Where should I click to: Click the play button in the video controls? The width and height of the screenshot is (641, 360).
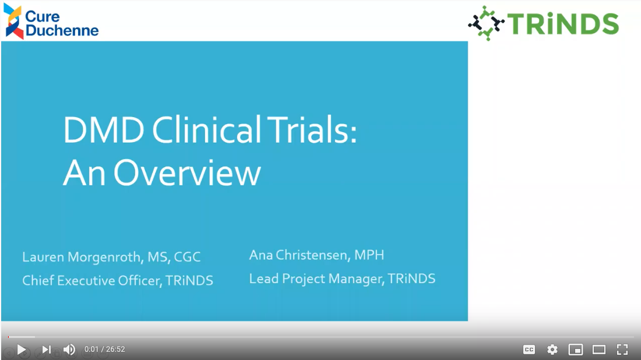pos(22,350)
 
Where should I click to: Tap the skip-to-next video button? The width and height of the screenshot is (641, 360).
pos(46,350)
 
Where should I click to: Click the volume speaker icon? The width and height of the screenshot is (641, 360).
pos(69,350)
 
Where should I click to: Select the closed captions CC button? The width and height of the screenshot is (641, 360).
pos(529,350)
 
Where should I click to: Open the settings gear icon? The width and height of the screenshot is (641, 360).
pos(552,350)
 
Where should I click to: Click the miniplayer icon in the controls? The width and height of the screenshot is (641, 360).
pos(576,350)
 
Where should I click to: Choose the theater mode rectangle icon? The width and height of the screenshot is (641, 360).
pos(599,350)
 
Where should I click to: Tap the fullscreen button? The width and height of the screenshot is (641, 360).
pos(622,350)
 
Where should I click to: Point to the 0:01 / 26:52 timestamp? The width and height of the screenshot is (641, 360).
pos(105,350)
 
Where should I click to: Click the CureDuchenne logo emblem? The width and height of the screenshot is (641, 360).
pos(13,21)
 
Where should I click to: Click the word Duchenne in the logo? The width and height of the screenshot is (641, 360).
pos(62,30)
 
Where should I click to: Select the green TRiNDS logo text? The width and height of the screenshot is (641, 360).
pos(563,24)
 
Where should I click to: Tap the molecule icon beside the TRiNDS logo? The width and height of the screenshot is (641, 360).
pos(486,23)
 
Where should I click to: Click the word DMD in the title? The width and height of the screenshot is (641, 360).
pos(104,130)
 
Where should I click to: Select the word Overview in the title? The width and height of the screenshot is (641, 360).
pos(187,173)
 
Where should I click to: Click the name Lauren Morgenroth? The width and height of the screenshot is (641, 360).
pos(82,257)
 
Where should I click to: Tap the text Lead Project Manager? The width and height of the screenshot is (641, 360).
pos(316,278)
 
